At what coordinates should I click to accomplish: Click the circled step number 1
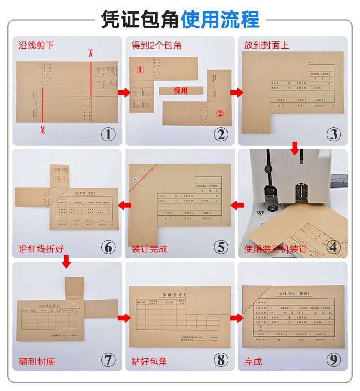(x=108, y=134)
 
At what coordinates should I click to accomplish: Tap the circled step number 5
(x=221, y=247)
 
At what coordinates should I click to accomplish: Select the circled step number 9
(x=334, y=360)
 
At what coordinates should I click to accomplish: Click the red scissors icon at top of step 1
(x=90, y=53)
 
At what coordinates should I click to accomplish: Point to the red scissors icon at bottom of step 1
(x=42, y=130)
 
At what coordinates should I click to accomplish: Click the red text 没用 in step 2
(x=180, y=91)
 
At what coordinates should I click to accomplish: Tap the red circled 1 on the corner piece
(x=140, y=70)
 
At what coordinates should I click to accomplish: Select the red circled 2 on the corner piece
(x=220, y=114)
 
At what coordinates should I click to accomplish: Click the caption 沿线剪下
(x=36, y=45)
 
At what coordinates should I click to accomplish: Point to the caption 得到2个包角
(x=156, y=45)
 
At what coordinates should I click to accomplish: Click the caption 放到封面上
(x=267, y=45)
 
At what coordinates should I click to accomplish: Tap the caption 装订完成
(x=149, y=249)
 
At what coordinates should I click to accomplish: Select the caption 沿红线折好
(x=41, y=249)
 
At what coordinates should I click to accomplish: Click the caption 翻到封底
(x=36, y=362)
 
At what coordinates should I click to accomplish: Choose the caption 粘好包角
(x=149, y=362)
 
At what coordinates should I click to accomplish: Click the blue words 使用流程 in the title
(x=220, y=19)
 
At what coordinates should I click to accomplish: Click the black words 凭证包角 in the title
(x=139, y=19)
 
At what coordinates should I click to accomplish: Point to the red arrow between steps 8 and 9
(x=236, y=318)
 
